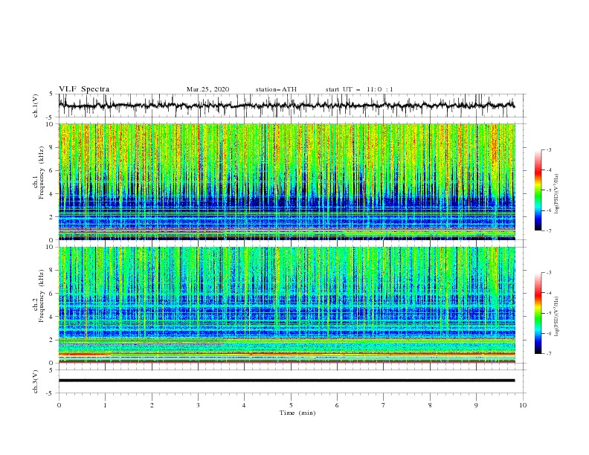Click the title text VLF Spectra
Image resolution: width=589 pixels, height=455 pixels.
click(x=84, y=89)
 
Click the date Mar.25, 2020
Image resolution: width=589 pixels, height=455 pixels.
click(x=208, y=89)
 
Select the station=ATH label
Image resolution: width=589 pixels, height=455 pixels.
click(x=276, y=89)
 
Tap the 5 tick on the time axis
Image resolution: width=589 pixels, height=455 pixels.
click(x=291, y=405)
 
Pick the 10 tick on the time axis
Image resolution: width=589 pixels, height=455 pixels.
click(x=523, y=405)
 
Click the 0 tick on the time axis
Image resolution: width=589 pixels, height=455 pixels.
click(x=59, y=405)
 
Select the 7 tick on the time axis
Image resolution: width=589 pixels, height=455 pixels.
click(x=384, y=405)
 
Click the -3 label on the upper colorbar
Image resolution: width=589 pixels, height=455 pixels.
click(x=548, y=150)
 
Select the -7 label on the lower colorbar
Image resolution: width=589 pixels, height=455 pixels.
click(x=548, y=354)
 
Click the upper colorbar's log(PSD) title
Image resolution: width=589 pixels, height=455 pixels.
click(x=557, y=190)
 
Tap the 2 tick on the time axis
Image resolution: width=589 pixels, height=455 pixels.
click(x=152, y=405)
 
